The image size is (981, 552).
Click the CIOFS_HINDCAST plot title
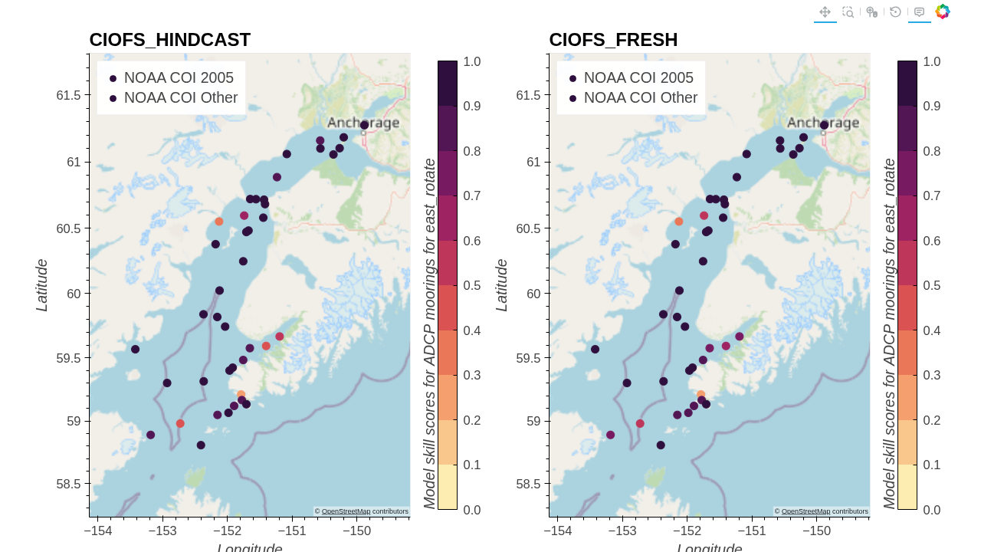(169, 40)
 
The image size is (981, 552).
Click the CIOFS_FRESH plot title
(613, 40)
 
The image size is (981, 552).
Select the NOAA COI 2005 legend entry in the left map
(179, 77)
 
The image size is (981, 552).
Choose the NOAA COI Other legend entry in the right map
(640, 98)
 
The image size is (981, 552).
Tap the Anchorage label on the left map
(363, 123)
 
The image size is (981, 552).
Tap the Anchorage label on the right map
(823, 123)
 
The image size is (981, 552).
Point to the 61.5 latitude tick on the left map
(68, 95)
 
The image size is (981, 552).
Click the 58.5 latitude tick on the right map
(528, 484)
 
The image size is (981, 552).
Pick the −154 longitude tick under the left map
(98, 531)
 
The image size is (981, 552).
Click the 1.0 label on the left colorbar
(472, 61)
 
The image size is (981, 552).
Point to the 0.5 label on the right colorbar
(932, 285)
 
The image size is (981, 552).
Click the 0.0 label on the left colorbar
(472, 510)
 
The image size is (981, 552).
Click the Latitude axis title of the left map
(42, 285)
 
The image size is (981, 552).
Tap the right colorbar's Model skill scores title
(889, 333)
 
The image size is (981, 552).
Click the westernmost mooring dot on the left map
(135, 350)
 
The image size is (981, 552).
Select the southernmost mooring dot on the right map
(661, 445)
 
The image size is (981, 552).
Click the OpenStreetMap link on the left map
(346, 511)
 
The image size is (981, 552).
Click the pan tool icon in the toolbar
(825, 11)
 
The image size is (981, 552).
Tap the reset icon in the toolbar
(895, 11)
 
